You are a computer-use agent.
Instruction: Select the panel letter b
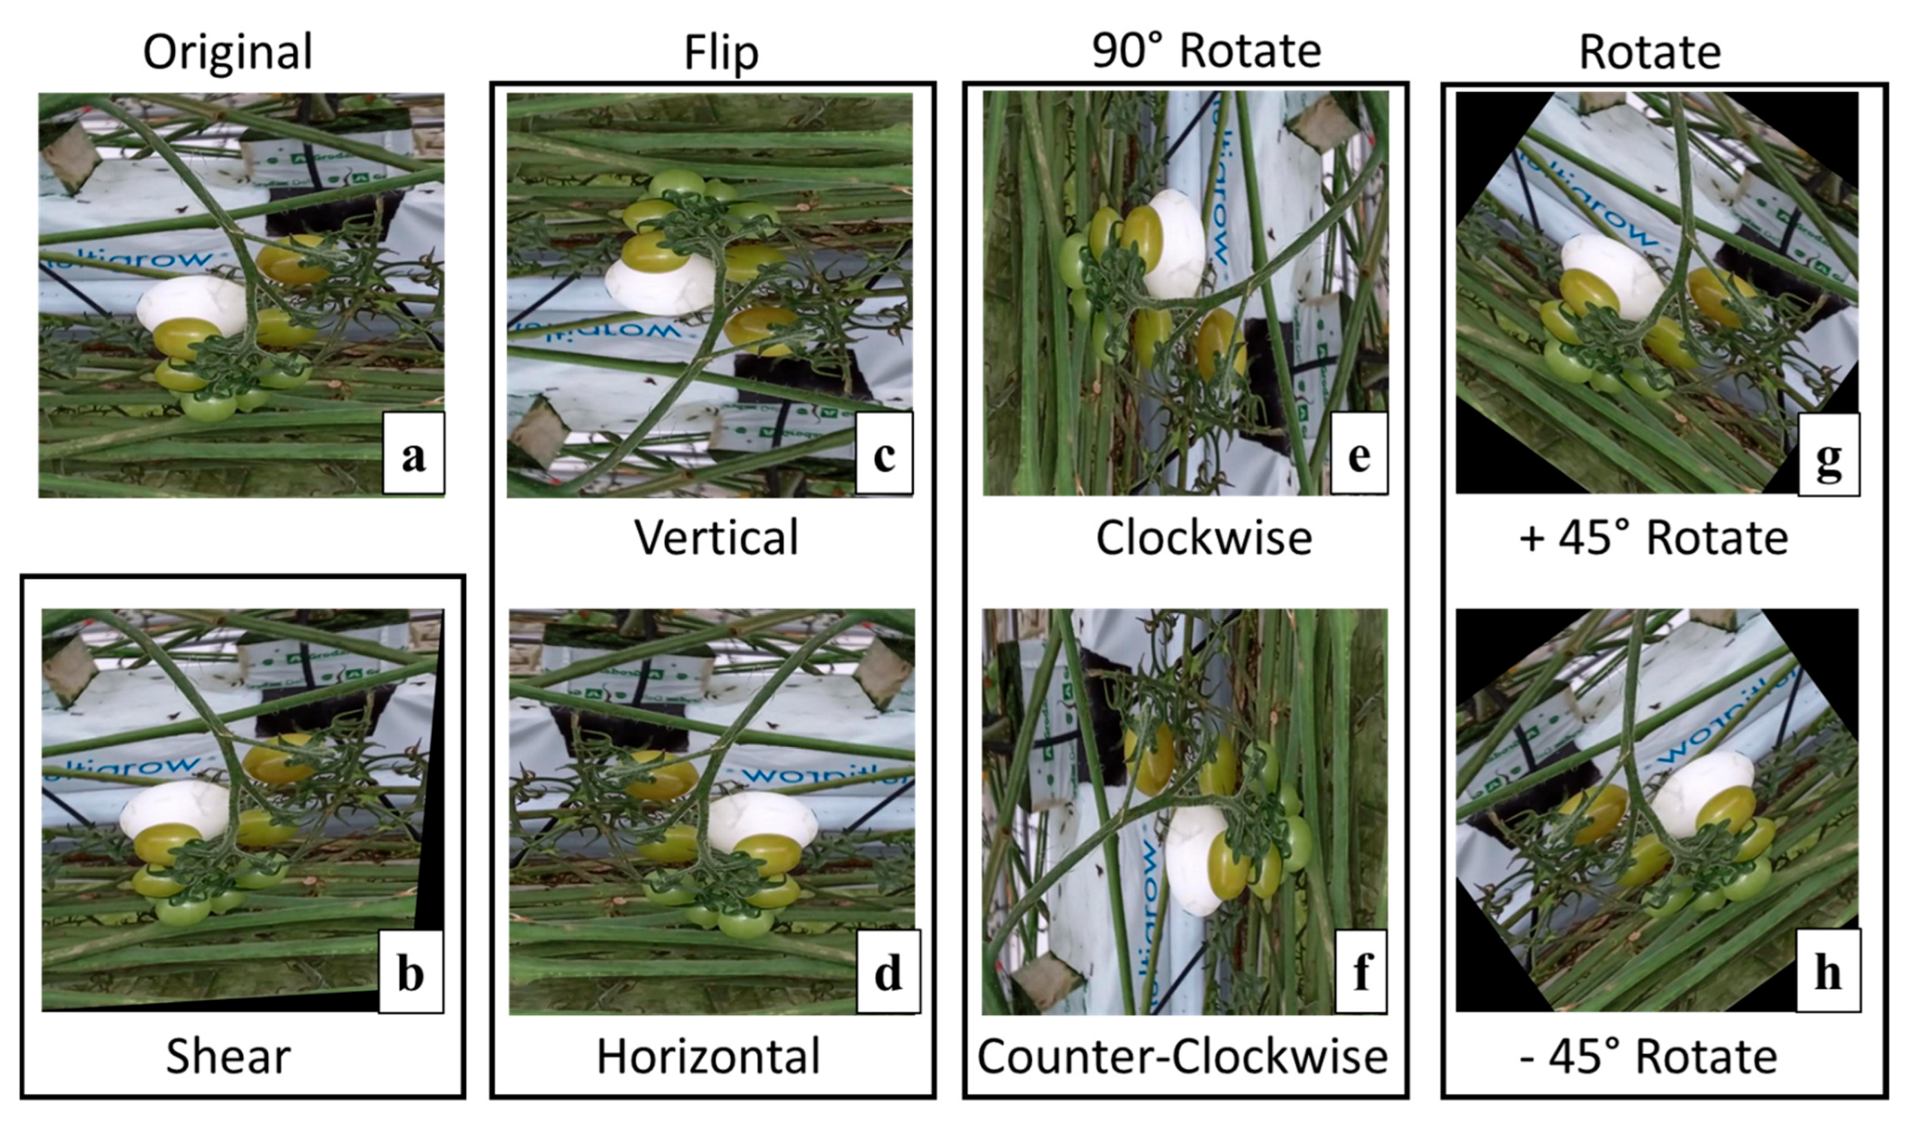click(411, 974)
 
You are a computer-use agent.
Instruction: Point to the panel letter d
click(887, 974)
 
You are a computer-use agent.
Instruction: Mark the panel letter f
click(1361, 974)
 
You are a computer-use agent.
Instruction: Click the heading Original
click(228, 51)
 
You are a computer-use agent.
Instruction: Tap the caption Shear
click(228, 1056)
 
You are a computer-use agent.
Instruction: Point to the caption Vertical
click(716, 538)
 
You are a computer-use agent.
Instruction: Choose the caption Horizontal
click(708, 1056)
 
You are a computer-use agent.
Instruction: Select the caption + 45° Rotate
click(1653, 538)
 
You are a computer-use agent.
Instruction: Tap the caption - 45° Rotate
click(1648, 1056)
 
